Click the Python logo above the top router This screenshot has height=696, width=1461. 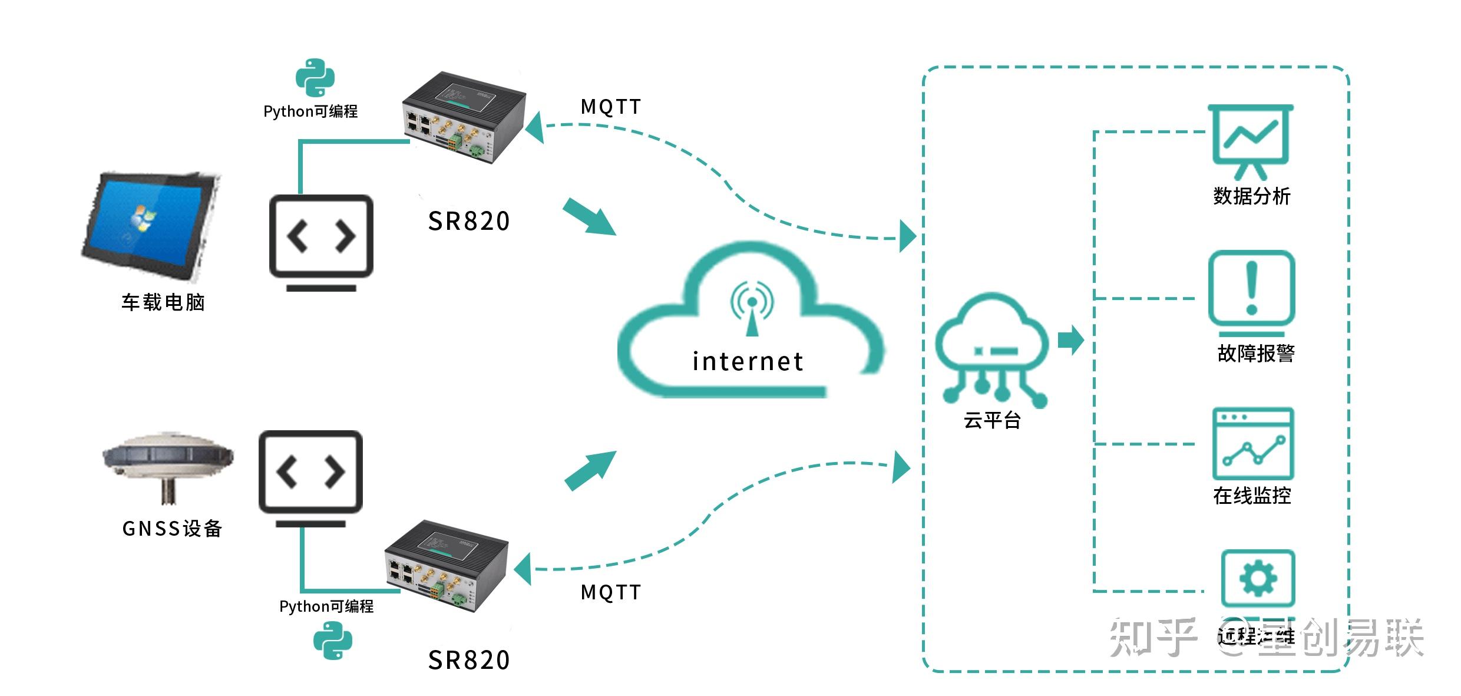pyautogui.click(x=315, y=77)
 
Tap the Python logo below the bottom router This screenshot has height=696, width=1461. pyautogui.click(x=332, y=641)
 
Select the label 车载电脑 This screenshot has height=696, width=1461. pyautogui.click(x=163, y=302)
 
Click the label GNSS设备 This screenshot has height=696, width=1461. pyautogui.click(x=172, y=529)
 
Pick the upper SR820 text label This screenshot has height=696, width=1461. pyautogui.click(x=468, y=222)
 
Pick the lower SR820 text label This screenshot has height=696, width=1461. pyautogui.click(x=468, y=660)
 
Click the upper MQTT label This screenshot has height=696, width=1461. pyautogui.click(x=610, y=107)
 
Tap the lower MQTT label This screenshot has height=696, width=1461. pyautogui.click(x=610, y=592)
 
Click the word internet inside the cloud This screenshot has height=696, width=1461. pyautogui.click(x=748, y=361)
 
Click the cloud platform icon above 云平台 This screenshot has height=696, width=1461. pyautogui.click(x=992, y=348)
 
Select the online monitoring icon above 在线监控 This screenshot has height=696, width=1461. pyautogui.click(x=1252, y=443)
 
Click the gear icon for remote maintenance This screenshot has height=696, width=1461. pyautogui.click(x=1258, y=578)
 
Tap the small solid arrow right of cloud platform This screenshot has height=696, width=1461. pyautogui.click(x=1070, y=340)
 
